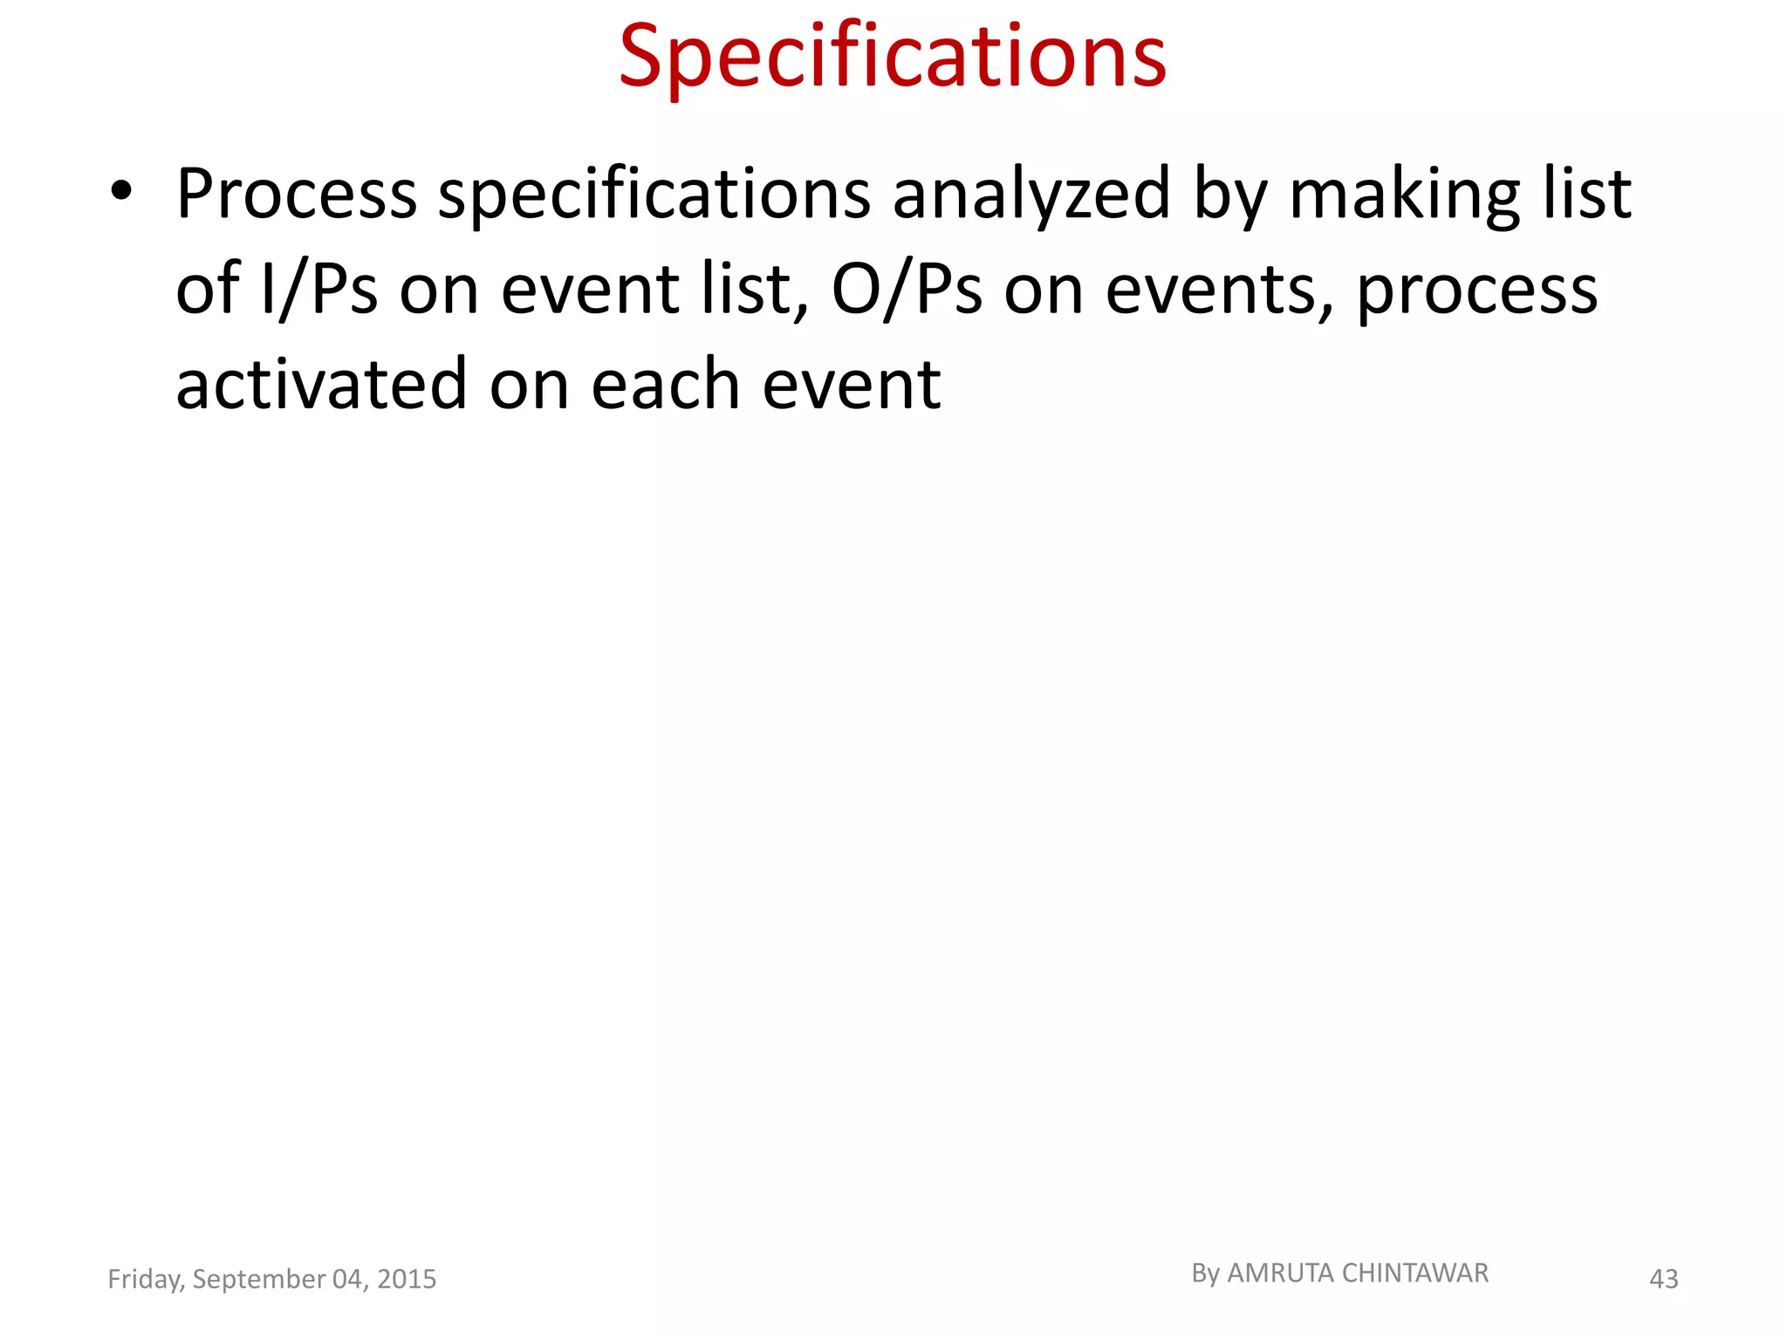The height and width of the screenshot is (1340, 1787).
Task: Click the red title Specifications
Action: [x=893, y=58]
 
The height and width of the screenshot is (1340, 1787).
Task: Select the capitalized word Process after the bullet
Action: [x=297, y=194]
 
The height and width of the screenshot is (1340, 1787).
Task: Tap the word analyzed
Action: [x=1030, y=194]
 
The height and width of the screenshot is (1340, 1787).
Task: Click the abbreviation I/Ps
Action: [x=319, y=289]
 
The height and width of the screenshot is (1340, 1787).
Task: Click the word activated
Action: [x=321, y=384]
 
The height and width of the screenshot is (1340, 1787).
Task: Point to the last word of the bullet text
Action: [x=852, y=384]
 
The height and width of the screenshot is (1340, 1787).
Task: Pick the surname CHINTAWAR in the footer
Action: [x=1414, y=1274]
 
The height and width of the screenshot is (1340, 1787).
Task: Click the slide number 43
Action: [x=1663, y=1279]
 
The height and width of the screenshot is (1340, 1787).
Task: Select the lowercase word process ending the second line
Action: [x=1476, y=289]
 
